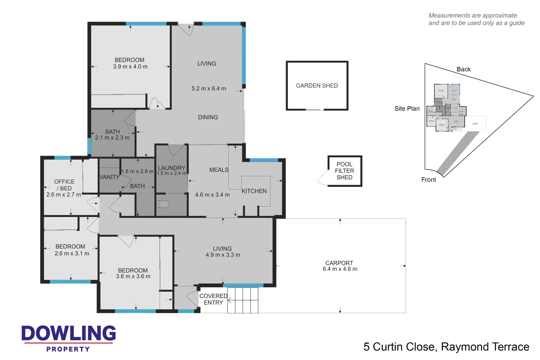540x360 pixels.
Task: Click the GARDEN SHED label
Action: [x=317, y=86]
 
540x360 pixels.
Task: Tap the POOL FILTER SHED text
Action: [x=344, y=171]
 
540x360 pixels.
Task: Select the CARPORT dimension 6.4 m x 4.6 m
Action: [x=340, y=269]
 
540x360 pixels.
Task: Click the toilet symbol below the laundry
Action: [x=163, y=204]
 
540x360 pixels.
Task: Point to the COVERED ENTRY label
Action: [x=213, y=299]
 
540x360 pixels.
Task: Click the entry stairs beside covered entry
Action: [x=243, y=300]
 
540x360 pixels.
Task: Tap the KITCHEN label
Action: [x=254, y=191]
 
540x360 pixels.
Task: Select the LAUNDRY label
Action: [x=171, y=168]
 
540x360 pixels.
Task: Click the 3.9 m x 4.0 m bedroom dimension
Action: [x=130, y=67]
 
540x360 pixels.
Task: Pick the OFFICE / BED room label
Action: [x=64, y=185]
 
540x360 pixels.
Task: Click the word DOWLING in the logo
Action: [x=69, y=333]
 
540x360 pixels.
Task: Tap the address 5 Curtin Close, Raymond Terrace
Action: [x=446, y=347]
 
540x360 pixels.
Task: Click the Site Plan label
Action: [x=407, y=109]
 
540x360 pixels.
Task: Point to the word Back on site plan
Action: [x=463, y=69]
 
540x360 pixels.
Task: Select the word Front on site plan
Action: [x=428, y=180]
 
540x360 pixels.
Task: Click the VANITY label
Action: [x=109, y=177]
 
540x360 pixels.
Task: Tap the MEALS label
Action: [x=219, y=170]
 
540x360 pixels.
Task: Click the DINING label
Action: [x=208, y=117]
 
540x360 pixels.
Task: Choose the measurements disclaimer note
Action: [x=476, y=19]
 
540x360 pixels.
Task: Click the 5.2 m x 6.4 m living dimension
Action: [x=209, y=89]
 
